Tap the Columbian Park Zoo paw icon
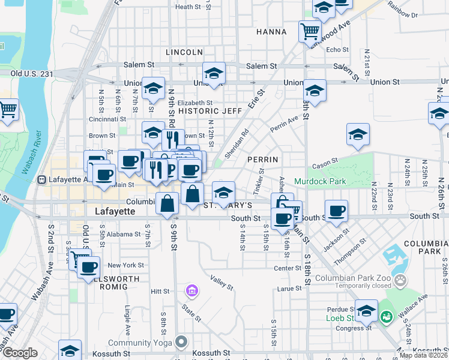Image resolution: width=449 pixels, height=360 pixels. tap(400, 280)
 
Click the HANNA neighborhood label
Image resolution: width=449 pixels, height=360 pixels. tap(271, 31)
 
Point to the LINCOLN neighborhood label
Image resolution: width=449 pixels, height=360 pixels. tap(184, 52)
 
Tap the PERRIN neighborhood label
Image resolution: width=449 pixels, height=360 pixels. tap(262, 160)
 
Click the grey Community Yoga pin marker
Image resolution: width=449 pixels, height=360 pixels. tap(181, 343)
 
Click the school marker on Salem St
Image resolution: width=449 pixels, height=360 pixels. tap(213, 73)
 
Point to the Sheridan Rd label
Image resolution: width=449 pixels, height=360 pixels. tap(236, 142)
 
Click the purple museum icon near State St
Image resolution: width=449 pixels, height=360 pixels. tap(192, 292)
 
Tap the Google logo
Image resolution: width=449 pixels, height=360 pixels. tap(20, 353)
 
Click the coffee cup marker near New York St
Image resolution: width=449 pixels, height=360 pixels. tap(89, 267)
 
